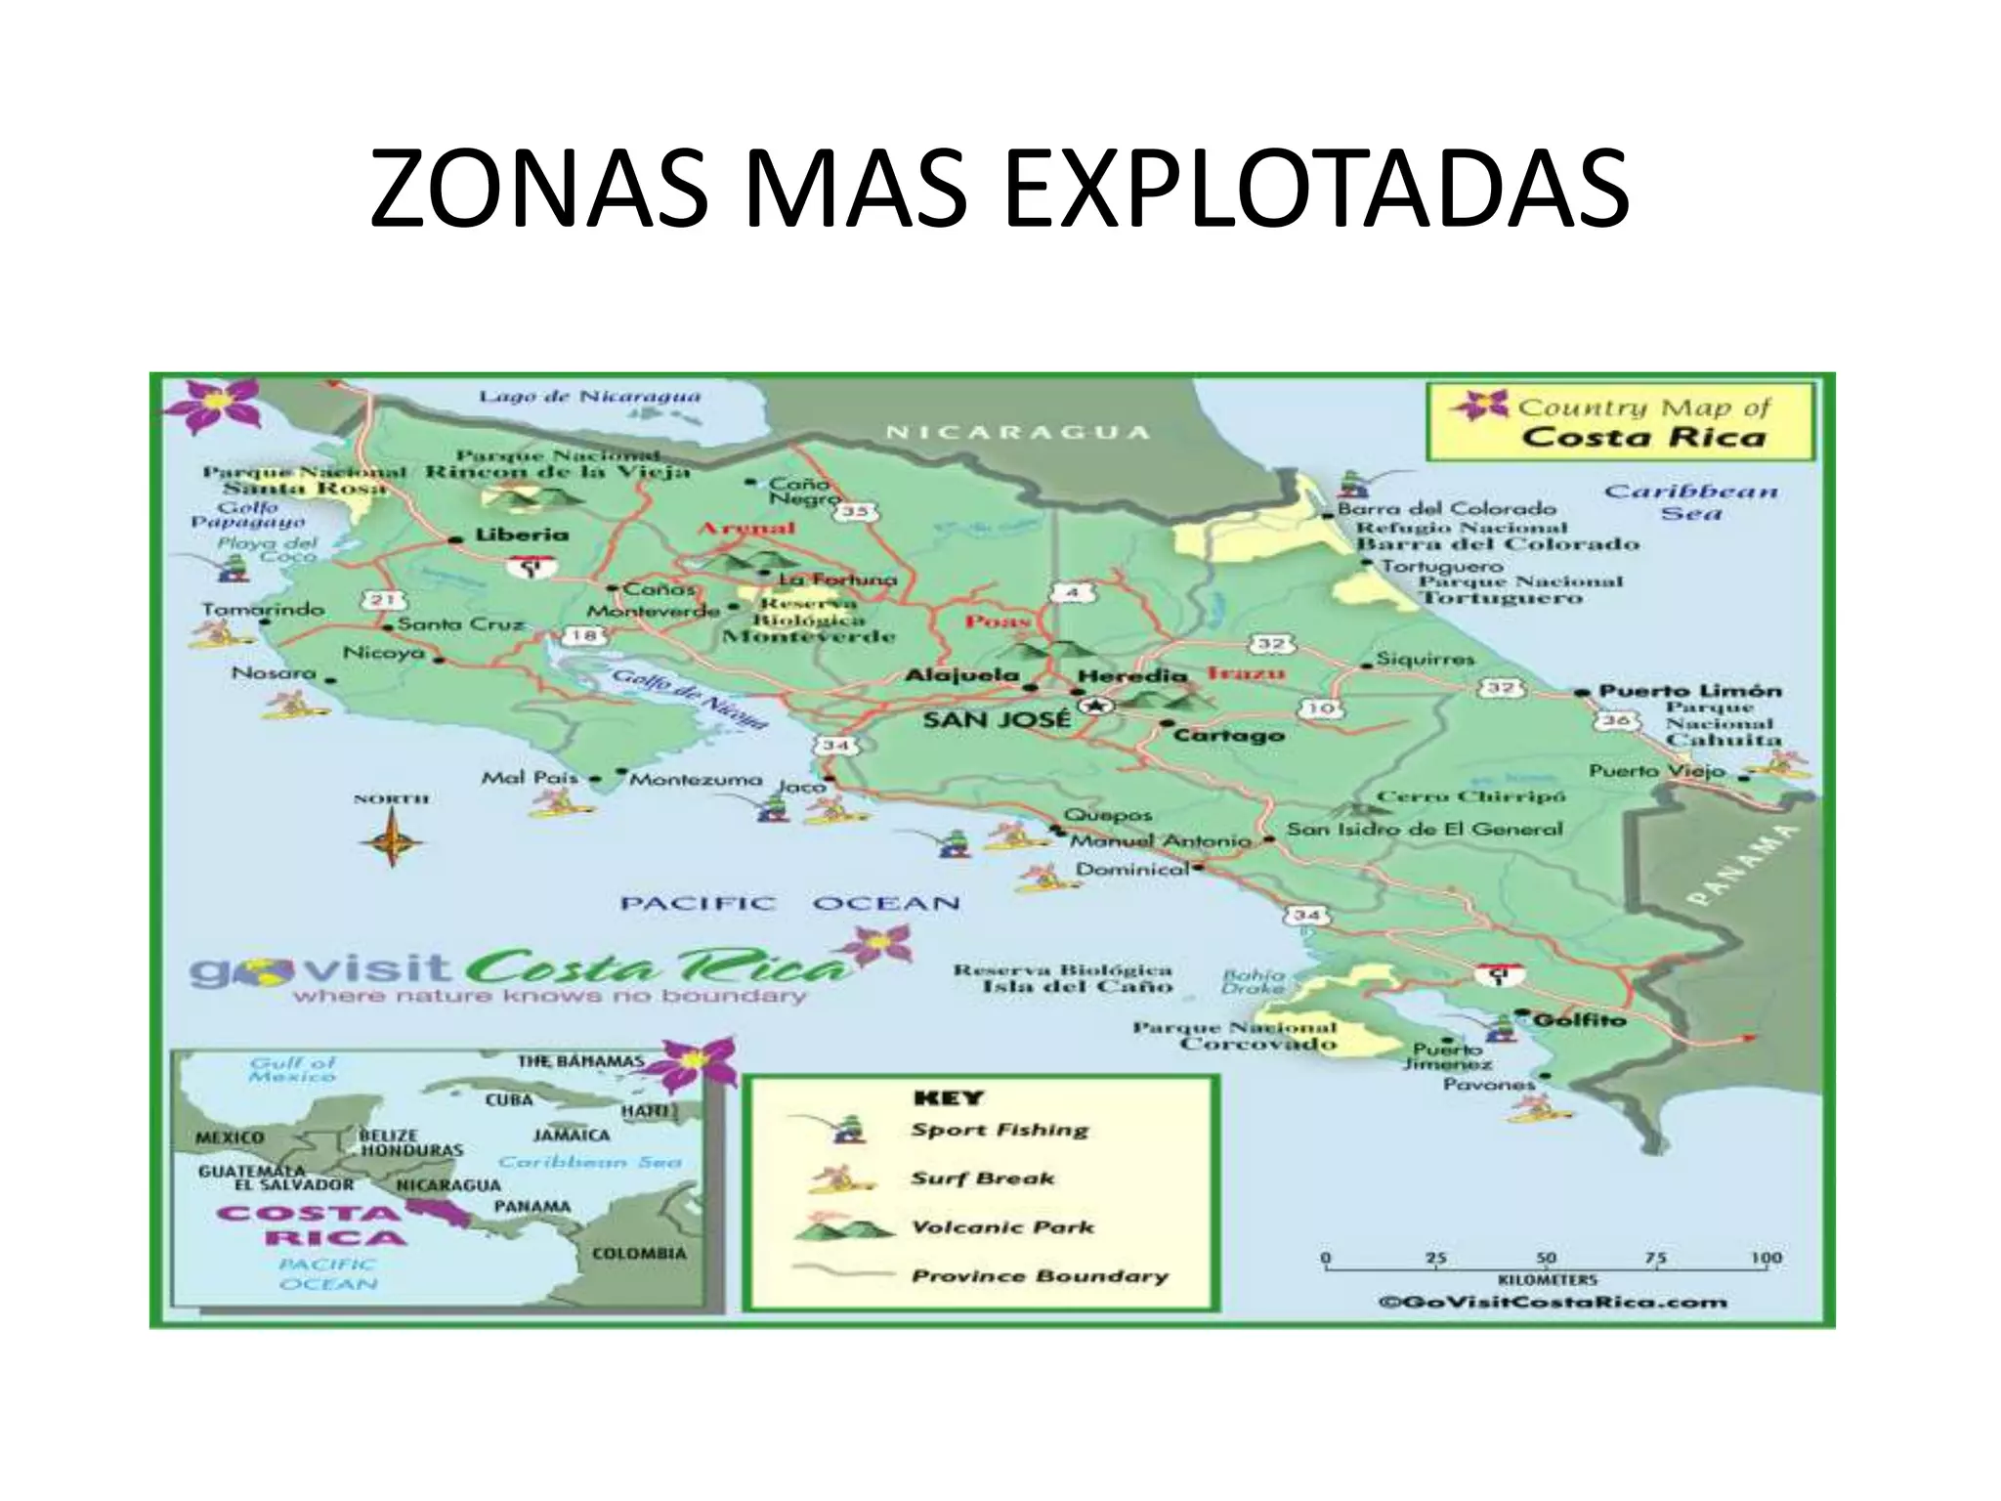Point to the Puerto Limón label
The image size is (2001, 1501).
[x=1689, y=690]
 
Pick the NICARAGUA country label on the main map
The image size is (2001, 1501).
[x=1016, y=433]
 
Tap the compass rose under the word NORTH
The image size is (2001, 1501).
[x=391, y=839]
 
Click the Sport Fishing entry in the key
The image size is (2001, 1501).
[x=999, y=1131]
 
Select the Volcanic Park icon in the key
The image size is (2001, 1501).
[x=843, y=1228]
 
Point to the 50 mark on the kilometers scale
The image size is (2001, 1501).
[x=1546, y=1259]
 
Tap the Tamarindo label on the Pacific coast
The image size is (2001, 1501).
[x=262, y=609]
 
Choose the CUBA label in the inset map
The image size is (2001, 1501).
[x=509, y=1099]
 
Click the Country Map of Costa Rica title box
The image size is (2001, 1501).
[x=1620, y=422]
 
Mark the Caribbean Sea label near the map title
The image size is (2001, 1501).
[x=1690, y=501]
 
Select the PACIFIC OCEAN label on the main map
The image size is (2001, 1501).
[x=789, y=903]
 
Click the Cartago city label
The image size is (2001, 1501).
[x=1227, y=735]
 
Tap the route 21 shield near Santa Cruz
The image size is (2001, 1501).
[x=384, y=600]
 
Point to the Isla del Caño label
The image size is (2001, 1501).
[x=1077, y=987]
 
